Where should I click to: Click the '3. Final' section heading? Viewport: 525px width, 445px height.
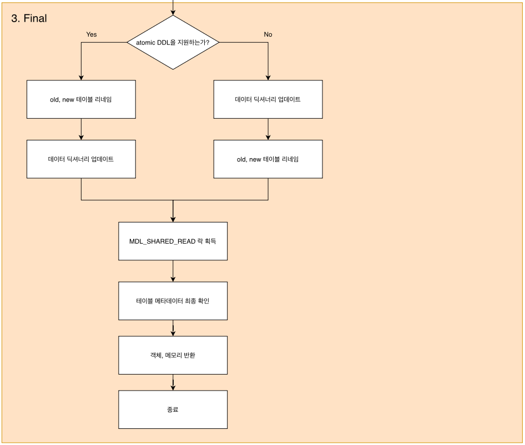pyautogui.click(x=29, y=18)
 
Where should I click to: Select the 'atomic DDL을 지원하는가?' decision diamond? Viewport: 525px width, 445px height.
pyautogui.click(x=173, y=43)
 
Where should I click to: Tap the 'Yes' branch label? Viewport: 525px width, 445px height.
pyautogui.click(x=92, y=34)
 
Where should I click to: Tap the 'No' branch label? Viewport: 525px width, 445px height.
pyautogui.click(x=268, y=34)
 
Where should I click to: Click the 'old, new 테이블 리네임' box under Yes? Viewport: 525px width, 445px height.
pyautogui.click(x=81, y=99)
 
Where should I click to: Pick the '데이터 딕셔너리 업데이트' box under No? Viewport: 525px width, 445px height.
pyautogui.click(x=268, y=99)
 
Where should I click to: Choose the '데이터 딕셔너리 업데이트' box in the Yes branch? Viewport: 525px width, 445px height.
pyautogui.click(x=81, y=159)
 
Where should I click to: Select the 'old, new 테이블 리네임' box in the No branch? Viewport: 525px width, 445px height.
pyautogui.click(x=268, y=159)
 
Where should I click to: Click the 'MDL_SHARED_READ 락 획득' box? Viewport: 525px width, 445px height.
pyautogui.click(x=173, y=241)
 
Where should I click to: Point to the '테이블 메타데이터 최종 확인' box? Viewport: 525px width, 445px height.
pyautogui.click(x=173, y=301)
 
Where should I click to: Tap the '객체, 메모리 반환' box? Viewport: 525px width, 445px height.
pyautogui.click(x=173, y=355)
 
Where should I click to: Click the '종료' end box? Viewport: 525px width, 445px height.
pyautogui.click(x=173, y=409)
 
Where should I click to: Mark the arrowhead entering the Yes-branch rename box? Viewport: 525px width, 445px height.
pyautogui.click(x=81, y=78)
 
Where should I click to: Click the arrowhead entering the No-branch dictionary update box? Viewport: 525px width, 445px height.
pyautogui.click(x=268, y=78)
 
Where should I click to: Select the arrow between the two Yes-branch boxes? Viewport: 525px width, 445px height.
pyautogui.click(x=81, y=129)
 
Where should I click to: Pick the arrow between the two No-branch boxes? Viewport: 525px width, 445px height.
pyautogui.click(x=268, y=129)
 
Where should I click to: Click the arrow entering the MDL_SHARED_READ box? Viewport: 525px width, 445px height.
pyautogui.click(x=173, y=211)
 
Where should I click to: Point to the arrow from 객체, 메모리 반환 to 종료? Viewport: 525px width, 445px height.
pyautogui.click(x=173, y=382)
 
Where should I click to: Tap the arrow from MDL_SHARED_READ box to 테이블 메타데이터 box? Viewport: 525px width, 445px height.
pyautogui.click(x=173, y=271)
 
